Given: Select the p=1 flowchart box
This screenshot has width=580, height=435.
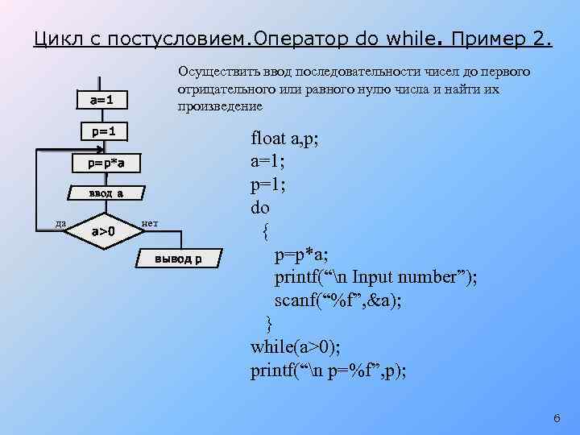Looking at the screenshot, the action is [104, 130].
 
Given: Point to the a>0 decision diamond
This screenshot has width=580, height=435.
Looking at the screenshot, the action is [103, 231].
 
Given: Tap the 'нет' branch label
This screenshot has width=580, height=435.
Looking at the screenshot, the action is [149, 222].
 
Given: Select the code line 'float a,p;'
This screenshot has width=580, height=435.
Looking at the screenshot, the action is [285, 139].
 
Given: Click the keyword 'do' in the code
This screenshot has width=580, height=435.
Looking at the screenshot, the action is [260, 208].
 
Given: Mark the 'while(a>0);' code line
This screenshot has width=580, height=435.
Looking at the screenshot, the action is [296, 347].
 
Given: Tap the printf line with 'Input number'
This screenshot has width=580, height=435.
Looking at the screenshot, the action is [375, 277].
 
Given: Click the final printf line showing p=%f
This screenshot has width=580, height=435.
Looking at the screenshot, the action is [328, 371].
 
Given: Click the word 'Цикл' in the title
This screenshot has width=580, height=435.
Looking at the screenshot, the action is [57, 38].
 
